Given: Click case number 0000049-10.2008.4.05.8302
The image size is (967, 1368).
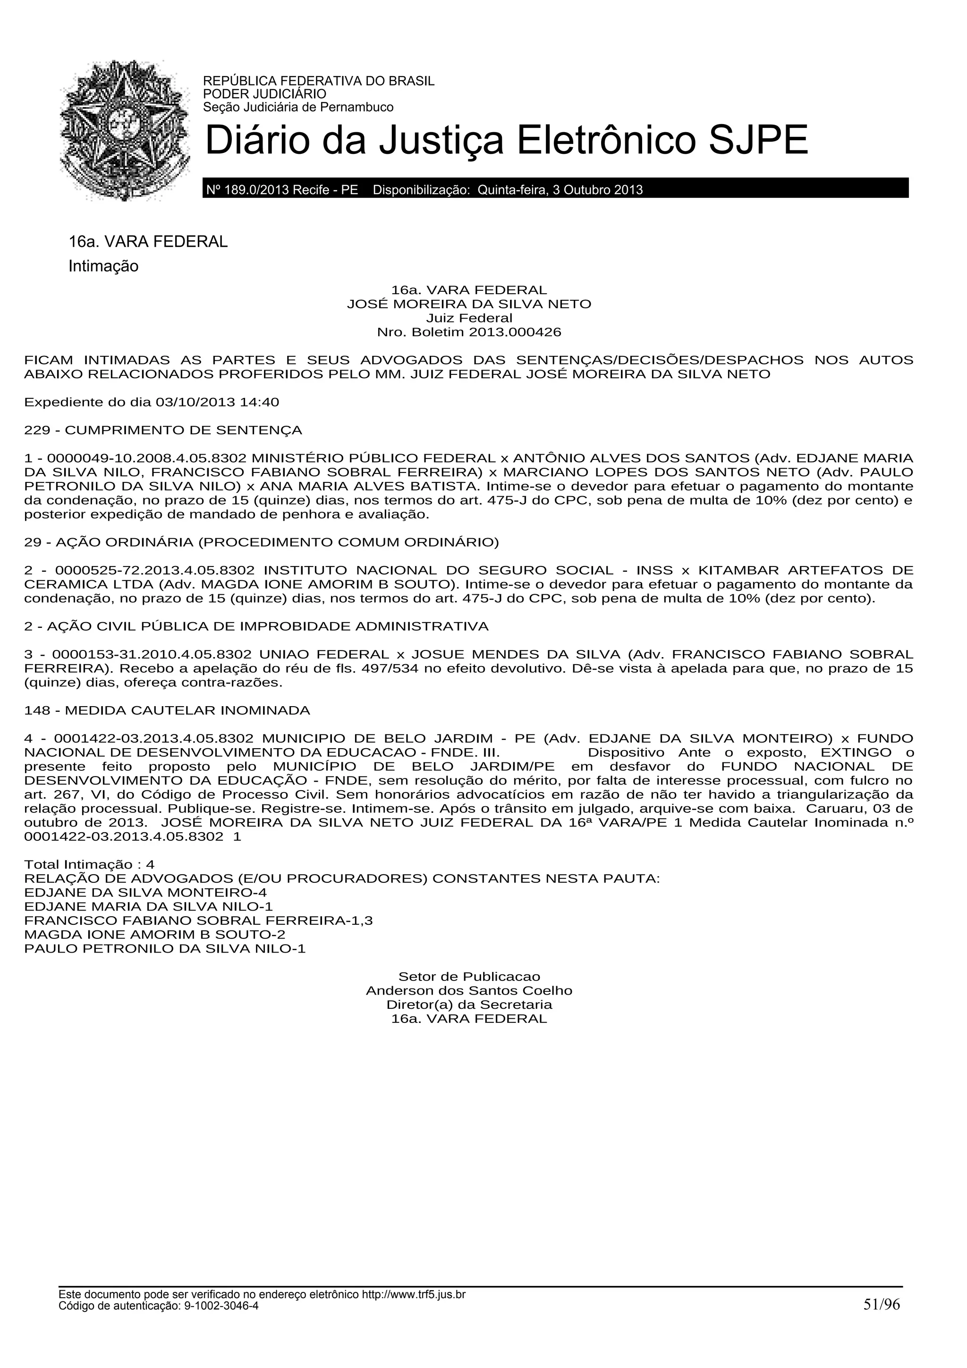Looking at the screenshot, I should point(146,458).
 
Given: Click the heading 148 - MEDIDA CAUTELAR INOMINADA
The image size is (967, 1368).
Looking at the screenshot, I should point(167,710).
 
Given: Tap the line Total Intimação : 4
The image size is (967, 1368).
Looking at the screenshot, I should point(89,864).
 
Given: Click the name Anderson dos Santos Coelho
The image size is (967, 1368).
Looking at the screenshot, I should point(469,991).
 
